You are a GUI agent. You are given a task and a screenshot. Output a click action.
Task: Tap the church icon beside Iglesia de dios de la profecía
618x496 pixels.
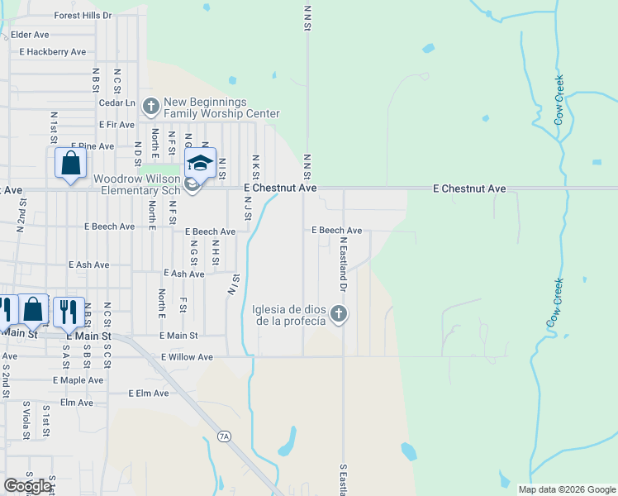coord(338,313)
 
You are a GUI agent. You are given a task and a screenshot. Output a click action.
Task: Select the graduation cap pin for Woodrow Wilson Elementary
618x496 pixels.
coord(199,164)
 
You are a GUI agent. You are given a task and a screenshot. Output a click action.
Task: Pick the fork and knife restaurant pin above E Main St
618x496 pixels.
coord(65,311)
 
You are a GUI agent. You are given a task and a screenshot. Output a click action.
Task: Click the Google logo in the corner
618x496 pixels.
coord(26,486)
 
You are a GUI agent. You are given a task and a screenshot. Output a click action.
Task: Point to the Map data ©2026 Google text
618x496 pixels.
coord(566,489)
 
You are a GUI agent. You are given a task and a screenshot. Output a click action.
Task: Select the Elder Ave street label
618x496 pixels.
coord(30,35)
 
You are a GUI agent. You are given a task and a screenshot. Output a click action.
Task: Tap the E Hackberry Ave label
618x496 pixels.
coord(53,52)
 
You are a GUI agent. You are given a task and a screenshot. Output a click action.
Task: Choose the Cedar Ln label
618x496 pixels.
coord(116,103)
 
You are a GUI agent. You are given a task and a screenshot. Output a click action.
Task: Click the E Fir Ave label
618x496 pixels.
coord(116,125)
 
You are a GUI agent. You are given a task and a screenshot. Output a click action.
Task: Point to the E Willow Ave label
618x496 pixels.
coord(187,357)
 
